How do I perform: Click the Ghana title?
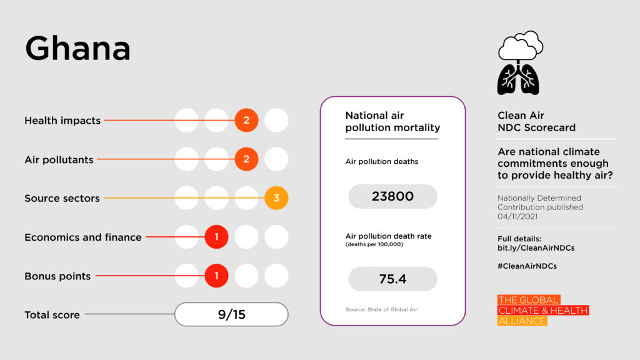click(x=77, y=49)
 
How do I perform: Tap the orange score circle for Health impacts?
click(x=246, y=121)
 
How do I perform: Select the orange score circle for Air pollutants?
click(x=246, y=159)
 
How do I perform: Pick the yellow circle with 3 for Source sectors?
click(x=276, y=198)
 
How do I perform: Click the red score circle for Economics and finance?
click(x=216, y=237)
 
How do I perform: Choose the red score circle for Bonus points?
click(x=216, y=276)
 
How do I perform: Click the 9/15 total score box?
click(x=231, y=314)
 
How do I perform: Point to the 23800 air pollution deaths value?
click(x=392, y=196)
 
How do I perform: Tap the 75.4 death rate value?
click(x=392, y=279)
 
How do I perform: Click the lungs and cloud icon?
click(x=519, y=62)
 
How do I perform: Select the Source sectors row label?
click(x=62, y=198)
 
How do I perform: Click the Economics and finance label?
click(x=82, y=237)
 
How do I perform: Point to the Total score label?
click(x=52, y=315)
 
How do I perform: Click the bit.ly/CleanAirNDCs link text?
click(x=536, y=248)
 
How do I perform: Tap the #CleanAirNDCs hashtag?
click(x=527, y=266)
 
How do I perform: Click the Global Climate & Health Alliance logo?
click(x=542, y=311)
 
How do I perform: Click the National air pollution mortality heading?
click(x=392, y=122)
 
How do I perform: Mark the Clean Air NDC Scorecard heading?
click(x=536, y=121)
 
